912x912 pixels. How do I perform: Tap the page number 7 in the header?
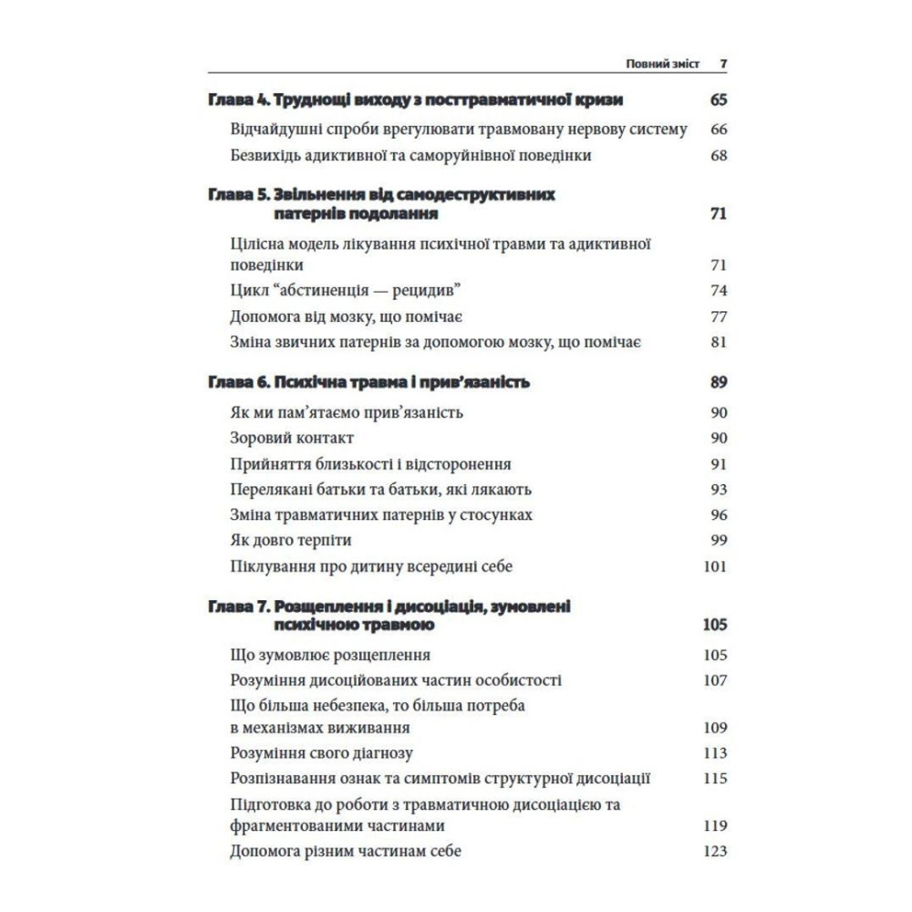[x=722, y=64]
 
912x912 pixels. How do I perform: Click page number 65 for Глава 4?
[x=717, y=100]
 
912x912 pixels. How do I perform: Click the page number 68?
[x=718, y=155]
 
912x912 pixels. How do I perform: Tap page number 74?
[x=718, y=291]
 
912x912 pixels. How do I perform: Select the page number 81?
[x=718, y=343]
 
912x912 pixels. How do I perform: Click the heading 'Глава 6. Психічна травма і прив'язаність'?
[x=369, y=382]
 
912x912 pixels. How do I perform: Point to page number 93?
[x=718, y=490]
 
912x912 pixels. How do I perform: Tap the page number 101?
[x=715, y=566]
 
